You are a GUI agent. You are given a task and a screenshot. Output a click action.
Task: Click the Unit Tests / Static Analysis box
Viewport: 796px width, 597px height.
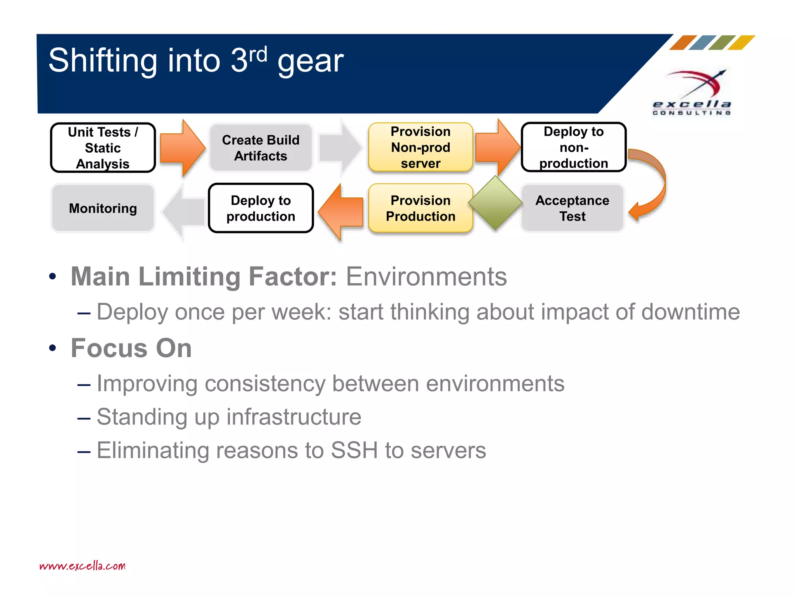103,148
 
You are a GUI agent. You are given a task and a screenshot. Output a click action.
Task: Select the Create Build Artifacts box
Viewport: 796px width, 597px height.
260,148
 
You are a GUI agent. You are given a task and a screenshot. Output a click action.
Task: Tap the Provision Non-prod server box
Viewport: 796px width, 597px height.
421,147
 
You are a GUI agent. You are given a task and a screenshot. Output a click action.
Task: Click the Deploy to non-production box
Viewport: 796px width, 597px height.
573,147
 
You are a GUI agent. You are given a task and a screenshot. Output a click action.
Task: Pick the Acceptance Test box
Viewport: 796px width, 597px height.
572,208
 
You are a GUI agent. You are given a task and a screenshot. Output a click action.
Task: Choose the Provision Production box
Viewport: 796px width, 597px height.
421,208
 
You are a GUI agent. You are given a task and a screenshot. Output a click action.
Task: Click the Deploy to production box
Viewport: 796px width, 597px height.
260,208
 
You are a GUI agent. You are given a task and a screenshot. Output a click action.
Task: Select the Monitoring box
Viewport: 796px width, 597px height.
103,208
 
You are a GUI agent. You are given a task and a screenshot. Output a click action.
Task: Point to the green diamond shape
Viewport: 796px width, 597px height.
495,202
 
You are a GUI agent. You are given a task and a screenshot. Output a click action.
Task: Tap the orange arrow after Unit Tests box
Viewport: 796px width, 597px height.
182,148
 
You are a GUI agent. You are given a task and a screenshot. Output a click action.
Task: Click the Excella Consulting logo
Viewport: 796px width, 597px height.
692,93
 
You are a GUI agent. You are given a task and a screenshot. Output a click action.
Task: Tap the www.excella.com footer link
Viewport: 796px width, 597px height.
82,566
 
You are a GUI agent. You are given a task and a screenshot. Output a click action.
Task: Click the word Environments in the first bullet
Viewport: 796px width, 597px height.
426,277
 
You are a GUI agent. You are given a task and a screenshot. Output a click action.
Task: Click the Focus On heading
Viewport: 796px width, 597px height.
131,348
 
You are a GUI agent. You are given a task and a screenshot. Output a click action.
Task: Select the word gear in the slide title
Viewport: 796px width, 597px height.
310,61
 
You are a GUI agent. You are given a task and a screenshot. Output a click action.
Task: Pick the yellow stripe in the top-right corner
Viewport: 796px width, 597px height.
742,42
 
